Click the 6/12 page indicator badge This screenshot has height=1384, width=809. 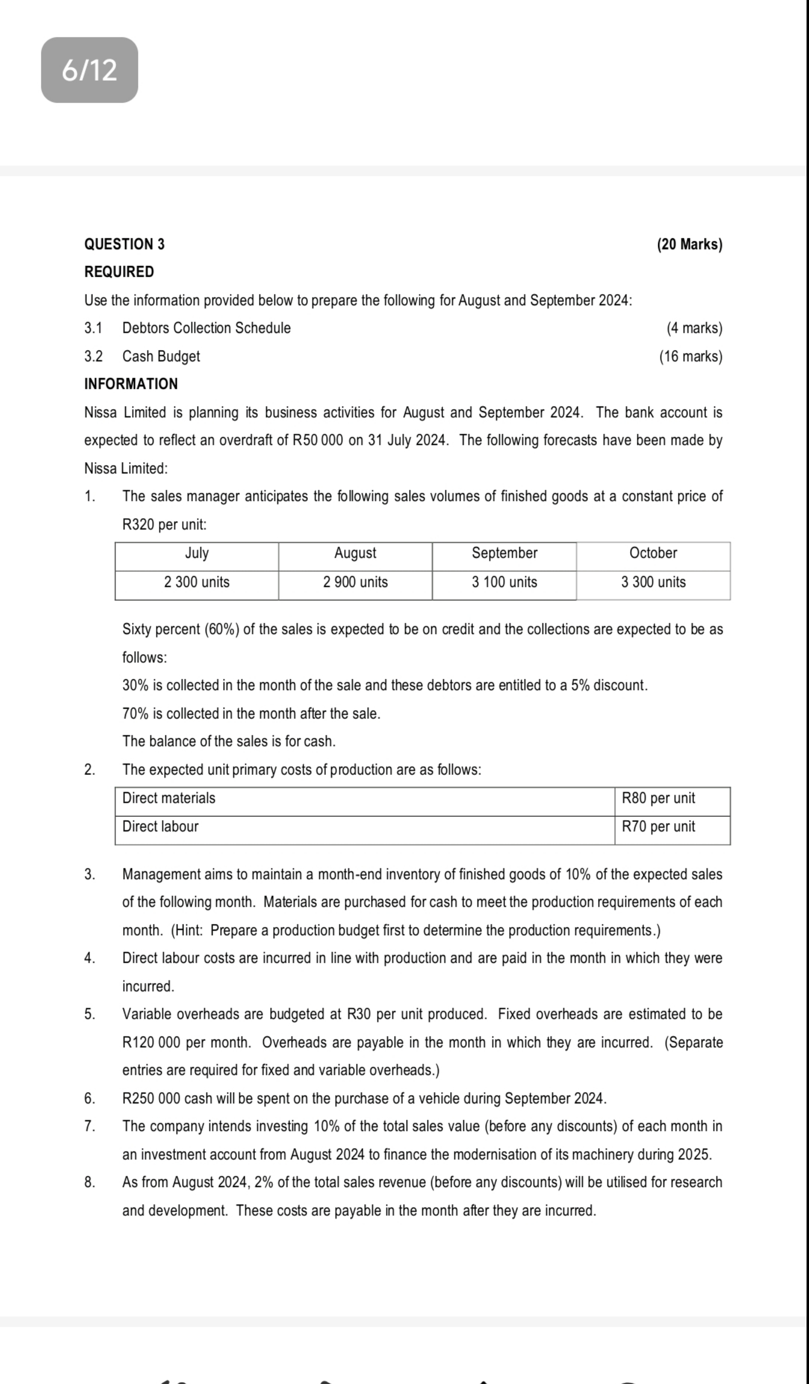(x=89, y=70)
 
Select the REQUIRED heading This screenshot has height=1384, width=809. (x=119, y=272)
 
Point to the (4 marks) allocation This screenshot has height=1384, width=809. (x=694, y=328)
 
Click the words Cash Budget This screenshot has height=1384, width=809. (x=161, y=357)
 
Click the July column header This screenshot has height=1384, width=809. (x=197, y=553)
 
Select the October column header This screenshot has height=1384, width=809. (x=653, y=553)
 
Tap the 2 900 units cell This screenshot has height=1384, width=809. (x=355, y=582)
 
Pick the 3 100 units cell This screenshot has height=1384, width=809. (x=504, y=582)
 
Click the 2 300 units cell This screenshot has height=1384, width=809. (x=197, y=582)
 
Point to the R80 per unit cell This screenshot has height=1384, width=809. (x=658, y=798)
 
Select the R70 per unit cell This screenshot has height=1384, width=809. (x=658, y=827)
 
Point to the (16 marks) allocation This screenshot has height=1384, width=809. (x=690, y=357)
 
